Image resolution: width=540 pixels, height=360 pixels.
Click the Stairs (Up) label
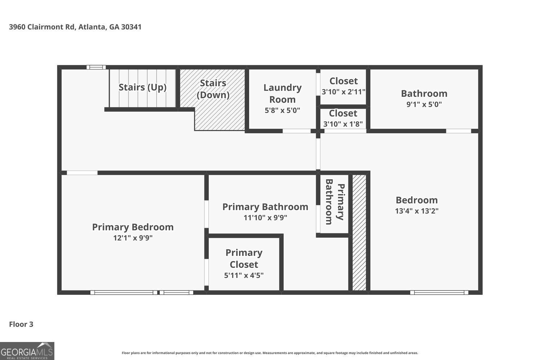click(x=143, y=87)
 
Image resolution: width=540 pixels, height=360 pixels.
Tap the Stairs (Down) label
click(x=213, y=89)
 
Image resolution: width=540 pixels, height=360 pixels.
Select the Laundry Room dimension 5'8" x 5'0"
click(x=282, y=111)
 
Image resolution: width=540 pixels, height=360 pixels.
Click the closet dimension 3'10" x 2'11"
click(x=343, y=92)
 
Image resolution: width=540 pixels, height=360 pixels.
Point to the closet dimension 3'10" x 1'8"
click(x=343, y=124)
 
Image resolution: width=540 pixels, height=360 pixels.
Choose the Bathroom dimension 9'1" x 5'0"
click(x=424, y=104)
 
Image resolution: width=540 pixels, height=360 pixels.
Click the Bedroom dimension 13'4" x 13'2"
click(x=417, y=211)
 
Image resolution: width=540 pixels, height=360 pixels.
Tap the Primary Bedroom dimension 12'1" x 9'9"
click(x=133, y=238)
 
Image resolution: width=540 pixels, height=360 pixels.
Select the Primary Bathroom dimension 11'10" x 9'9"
click(x=265, y=218)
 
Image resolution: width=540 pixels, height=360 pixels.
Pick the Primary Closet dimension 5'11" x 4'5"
click(x=244, y=275)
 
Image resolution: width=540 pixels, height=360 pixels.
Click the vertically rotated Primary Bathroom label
click(x=335, y=202)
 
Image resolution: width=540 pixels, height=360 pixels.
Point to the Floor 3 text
click(x=21, y=324)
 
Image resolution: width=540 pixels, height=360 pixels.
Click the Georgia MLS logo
click(x=27, y=351)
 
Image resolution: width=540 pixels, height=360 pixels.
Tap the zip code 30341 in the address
click(x=131, y=27)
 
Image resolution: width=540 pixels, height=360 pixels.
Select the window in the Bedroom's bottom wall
click(x=439, y=292)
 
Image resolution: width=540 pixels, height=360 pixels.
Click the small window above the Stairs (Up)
click(x=96, y=67)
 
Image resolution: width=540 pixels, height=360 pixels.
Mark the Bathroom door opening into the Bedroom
click(x=459, y=131)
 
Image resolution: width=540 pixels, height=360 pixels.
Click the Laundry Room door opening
click(x=297, y=131)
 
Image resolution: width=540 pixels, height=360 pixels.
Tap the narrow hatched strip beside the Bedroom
click(x=359, y=233)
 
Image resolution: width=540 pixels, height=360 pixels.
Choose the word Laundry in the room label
click(x=282, y=88)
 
